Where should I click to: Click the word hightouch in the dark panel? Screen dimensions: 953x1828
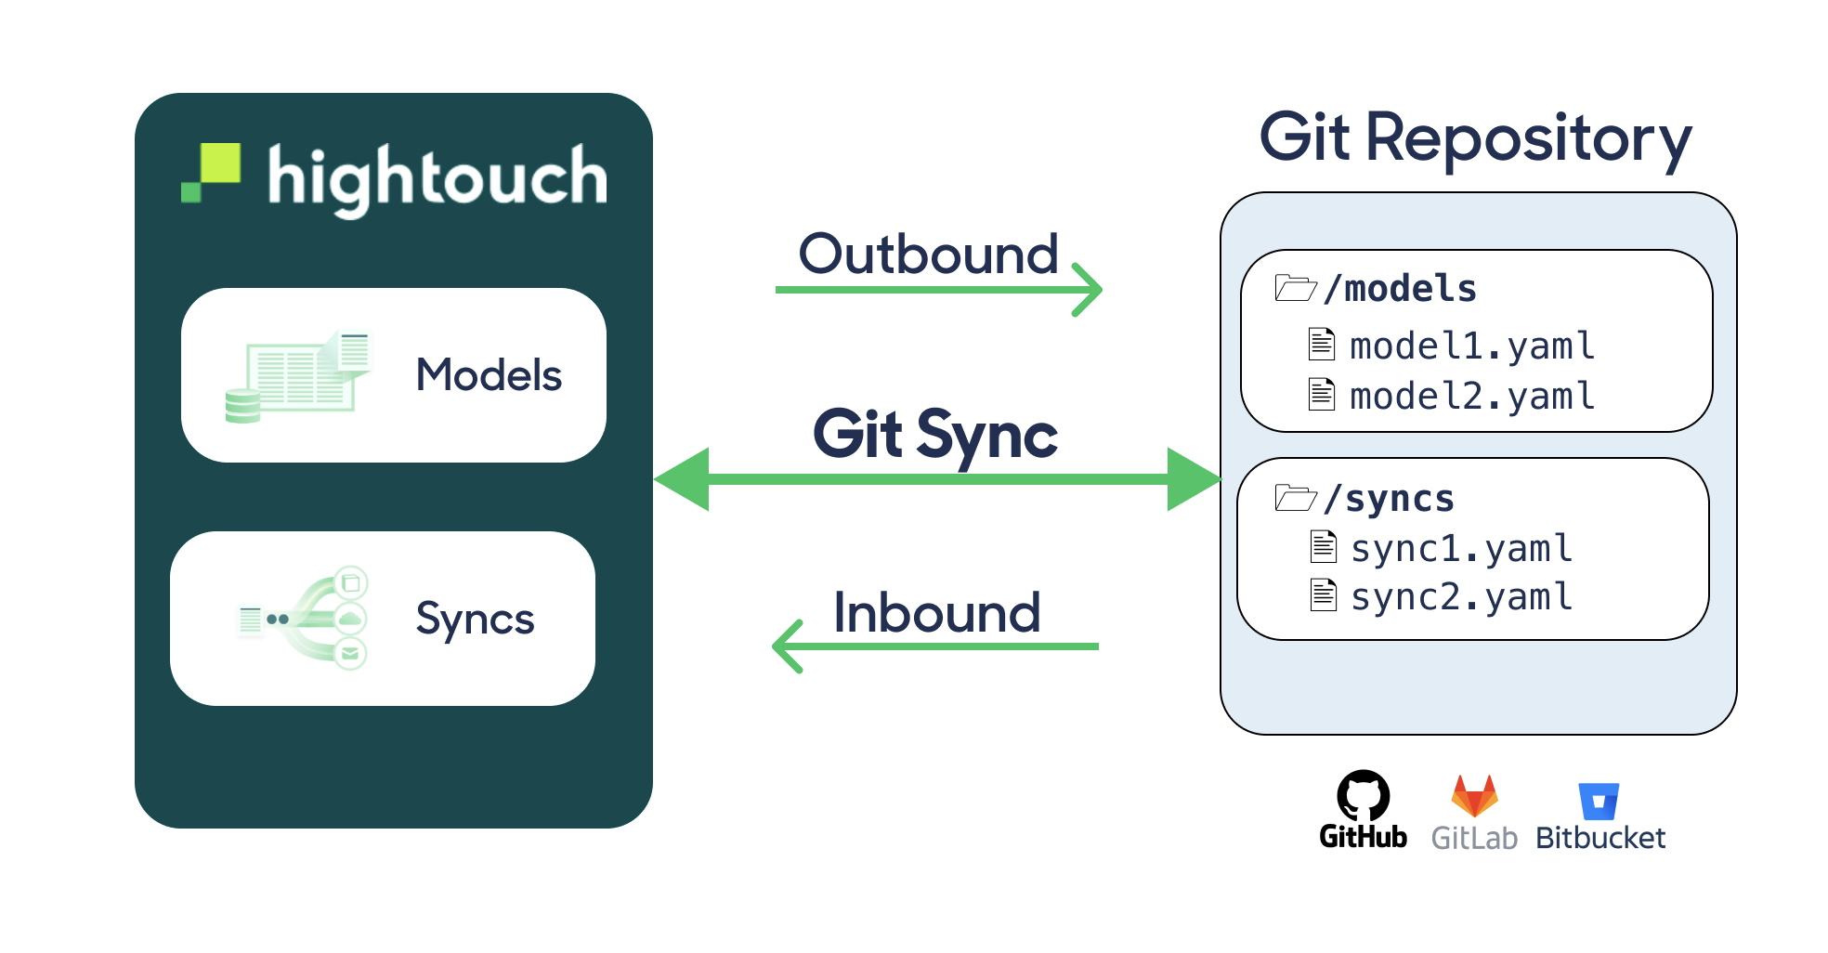(437, 177)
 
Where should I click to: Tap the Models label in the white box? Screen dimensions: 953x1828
(489, 375)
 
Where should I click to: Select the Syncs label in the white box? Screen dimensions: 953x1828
(475, 619)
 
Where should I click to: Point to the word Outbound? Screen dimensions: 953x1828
(928, 254)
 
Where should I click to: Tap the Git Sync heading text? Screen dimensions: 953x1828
(934, 434)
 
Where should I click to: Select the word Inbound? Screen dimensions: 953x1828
(936, 613)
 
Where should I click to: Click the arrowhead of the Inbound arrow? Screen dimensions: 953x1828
(786, 646)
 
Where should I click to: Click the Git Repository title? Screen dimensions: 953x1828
(1475, 138)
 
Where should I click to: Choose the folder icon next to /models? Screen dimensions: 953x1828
(1295, 288)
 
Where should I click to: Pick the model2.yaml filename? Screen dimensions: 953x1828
(1472, 397)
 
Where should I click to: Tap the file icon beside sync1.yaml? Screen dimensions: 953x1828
(1323, 547)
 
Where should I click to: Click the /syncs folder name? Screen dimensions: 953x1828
(1390, 499)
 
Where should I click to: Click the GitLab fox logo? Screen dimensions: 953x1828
(1474, 796)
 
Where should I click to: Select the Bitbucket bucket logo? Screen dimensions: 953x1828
(1598, 801)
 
